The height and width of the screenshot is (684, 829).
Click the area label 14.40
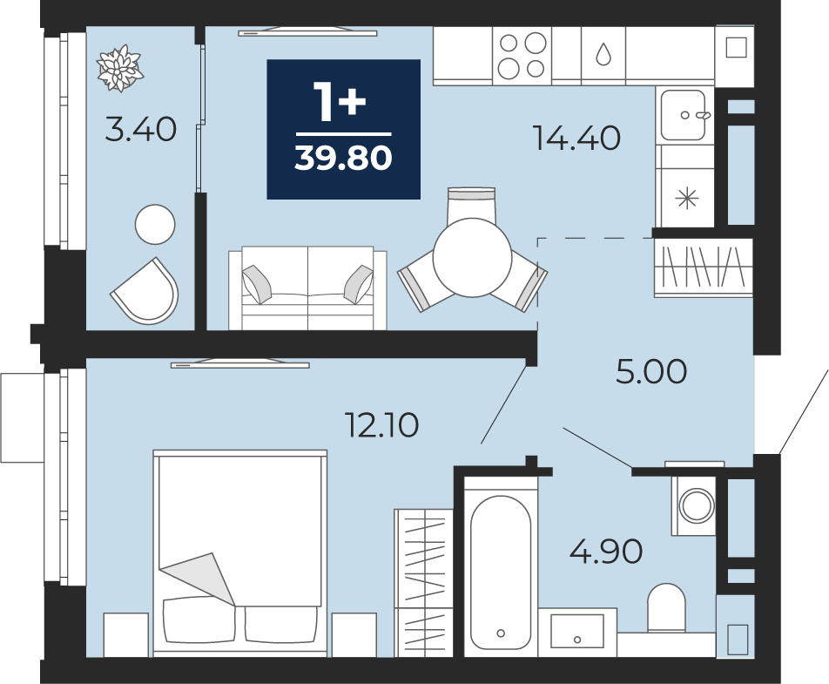coord(576,138)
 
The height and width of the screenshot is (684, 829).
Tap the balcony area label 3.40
coord(141,130)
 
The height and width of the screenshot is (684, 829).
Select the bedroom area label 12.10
coord(381,425)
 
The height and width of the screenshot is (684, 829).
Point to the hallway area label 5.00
coord(651,371)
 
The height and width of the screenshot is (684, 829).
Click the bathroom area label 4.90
coord(606,552)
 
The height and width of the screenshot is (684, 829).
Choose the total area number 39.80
coord(343,158)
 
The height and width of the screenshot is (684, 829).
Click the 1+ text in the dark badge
coord(340,102)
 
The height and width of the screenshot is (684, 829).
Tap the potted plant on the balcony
coord(120,68)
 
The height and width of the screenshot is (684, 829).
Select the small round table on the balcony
coord(155,224)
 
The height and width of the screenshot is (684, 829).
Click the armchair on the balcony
coord(146,292)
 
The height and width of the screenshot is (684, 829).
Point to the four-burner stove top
coord(522,56)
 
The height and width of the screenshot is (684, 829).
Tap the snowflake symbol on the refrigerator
coord(687,199)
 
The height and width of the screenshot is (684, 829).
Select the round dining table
coord(472,257)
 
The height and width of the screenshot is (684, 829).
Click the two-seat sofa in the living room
coord(307,288)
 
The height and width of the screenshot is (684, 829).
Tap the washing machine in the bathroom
coord(694,505)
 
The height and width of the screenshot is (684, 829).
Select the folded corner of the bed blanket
coord(199,579)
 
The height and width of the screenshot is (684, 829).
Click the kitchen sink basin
coord(684,115)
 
